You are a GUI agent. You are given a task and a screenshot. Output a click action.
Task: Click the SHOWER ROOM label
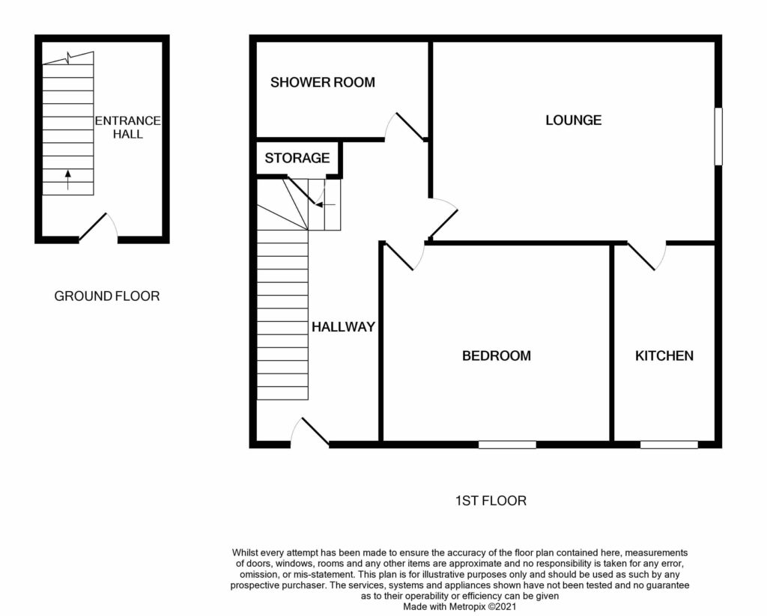click(x=322, y=82)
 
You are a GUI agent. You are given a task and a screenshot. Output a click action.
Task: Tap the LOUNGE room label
click(x=573, y=120)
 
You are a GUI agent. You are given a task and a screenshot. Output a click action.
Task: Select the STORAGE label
click(x=297, y=158)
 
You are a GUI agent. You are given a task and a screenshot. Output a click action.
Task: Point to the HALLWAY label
click(x=343, y=326)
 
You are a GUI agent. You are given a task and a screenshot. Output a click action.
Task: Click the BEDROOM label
click(x=497, y=356)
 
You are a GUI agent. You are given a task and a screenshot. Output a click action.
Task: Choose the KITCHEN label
click(x=664, y=356)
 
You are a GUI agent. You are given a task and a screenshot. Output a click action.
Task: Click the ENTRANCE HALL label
click(x=127, y=127)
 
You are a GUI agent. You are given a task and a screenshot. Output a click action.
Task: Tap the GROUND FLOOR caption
click(x=106, y=296)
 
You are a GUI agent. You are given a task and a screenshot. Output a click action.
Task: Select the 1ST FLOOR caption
click(x=491, y=501)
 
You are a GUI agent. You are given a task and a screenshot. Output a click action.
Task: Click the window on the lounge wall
click(x=718, y=136)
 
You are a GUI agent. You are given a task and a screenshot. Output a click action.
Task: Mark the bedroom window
click(x=507, y=445)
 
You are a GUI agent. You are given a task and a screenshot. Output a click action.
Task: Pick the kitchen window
click(x=669, y=445)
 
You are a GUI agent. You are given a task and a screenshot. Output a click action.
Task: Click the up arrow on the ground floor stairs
click(x=67, y=180)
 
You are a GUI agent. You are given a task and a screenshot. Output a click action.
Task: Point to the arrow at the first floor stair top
click(x=326, y=204)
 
